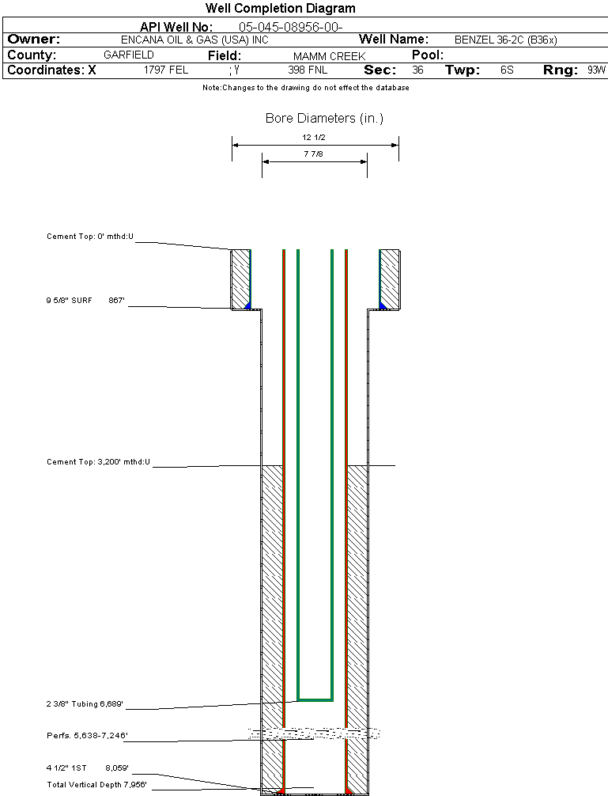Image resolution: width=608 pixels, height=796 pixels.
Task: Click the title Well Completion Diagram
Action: (x=280, y=9)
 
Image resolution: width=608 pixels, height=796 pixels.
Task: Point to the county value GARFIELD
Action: (x=129, y=55)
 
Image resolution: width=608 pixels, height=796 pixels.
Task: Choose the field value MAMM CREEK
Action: (x=330, y=56)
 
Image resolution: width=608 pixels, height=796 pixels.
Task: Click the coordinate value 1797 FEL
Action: (x=166, y=70)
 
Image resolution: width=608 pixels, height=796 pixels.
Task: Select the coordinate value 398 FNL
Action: (x=308, y=70)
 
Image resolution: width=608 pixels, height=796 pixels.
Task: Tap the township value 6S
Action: (x=507, y=70)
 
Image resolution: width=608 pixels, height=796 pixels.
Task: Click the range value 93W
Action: (x=596, y=70)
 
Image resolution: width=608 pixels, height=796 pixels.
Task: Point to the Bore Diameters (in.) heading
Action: (x=324, y=119)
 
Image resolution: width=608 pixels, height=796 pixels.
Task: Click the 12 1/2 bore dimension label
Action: (x=314, y=138)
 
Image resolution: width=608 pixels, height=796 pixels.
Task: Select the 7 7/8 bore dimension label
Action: (x=314, y=154)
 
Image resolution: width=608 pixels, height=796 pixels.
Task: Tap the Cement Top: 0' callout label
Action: (x=90, y=237)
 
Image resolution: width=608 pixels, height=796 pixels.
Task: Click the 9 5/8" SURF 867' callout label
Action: (x=86, y=301)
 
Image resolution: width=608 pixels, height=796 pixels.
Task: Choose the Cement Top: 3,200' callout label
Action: (x=98, y=461)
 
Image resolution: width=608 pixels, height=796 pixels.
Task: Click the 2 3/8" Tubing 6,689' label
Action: (x=85, y=703)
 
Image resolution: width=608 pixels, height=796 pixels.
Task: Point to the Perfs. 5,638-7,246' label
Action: (x=87, y=736)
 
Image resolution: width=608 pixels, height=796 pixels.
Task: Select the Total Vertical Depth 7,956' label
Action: (x=96, y=785)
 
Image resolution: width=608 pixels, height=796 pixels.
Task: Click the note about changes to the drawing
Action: (x=306, y=88)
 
